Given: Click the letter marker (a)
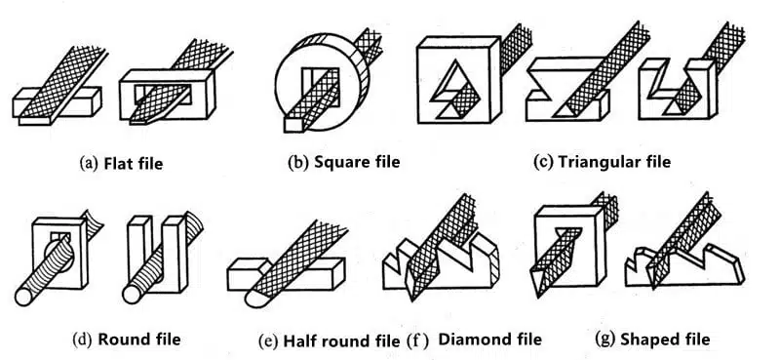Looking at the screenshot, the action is click(90, 163).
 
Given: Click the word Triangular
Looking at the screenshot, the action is click(590, 162).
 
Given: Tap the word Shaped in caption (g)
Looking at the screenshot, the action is click(643, 340).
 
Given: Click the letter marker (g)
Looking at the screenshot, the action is click(605, 340).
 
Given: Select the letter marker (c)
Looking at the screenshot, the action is click(543, 162).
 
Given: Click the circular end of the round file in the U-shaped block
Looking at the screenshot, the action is click(131, 295).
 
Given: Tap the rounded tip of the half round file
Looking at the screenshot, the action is click(254, 298).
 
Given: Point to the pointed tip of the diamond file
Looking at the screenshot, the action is click(412, 299).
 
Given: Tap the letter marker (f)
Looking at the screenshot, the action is click(417, 340).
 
